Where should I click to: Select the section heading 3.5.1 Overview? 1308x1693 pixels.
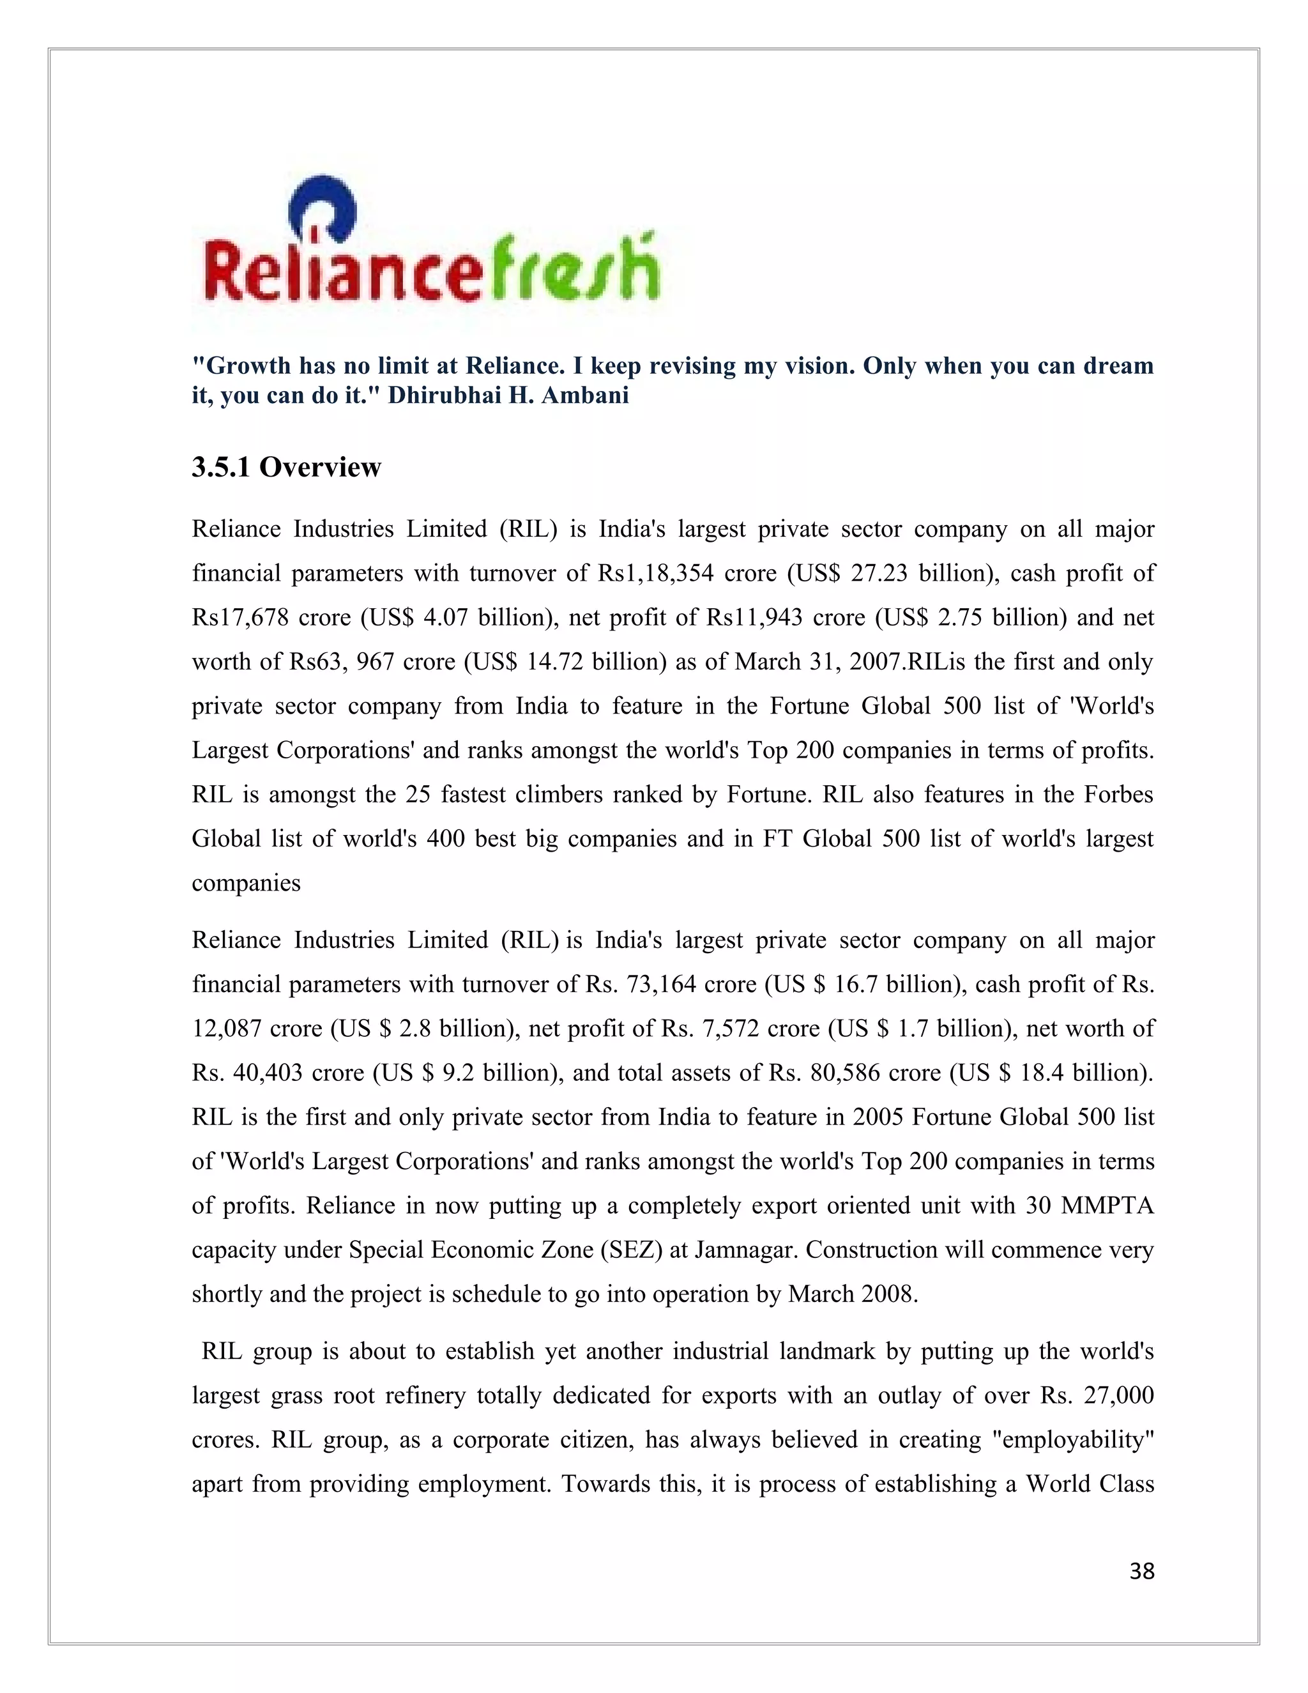click(x=287, y=468)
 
